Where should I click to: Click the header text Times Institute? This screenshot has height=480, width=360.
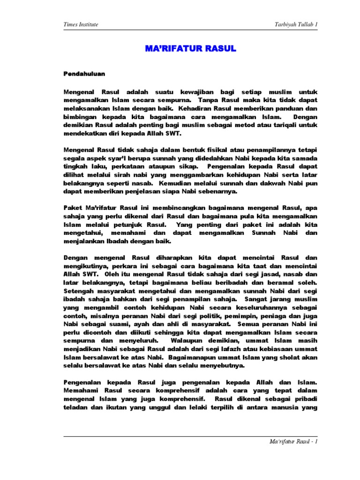(81, 24)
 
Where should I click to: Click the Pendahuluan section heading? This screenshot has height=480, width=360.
(84, 74)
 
